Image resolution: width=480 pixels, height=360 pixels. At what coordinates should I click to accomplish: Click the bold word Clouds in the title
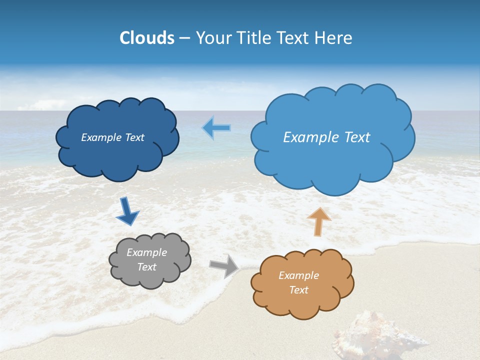[x=146, y=38]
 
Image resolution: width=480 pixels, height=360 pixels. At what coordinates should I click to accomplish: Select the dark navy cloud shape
[x=117, y=150]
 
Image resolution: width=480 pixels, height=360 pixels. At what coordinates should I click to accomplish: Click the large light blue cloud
[x=332, y=160]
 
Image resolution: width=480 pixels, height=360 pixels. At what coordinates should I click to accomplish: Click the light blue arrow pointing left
[x=216, y=128]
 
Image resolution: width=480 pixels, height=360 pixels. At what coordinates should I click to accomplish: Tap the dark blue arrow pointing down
[x=127, y=211]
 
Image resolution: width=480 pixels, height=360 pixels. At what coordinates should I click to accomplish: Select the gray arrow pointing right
[x=224, y=266]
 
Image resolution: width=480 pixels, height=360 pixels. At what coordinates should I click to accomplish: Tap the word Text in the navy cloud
[x=134, y=137]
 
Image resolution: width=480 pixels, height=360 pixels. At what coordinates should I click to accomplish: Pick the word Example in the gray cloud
[x=146, y=252]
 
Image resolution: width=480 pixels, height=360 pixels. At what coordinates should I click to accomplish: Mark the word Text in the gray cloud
[x=146, y=267]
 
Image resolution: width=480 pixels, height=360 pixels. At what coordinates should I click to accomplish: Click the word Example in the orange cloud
[x=298, y=275]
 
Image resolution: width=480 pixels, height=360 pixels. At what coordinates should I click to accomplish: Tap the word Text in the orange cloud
[x=298, y=290]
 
